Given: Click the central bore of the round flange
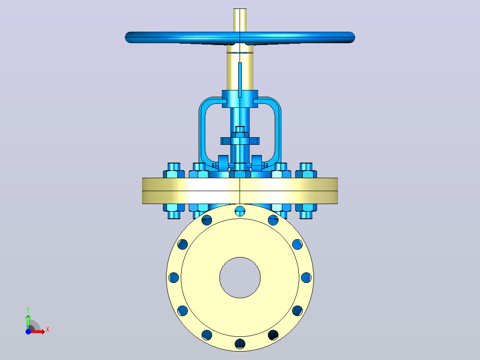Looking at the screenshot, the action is [240, 277].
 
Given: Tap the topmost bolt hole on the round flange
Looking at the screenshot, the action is [240, 211].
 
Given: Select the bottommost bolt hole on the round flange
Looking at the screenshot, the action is [240, 344].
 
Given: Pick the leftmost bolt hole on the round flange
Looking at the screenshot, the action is [174, 277].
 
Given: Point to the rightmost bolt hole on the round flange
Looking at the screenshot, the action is [306, 277].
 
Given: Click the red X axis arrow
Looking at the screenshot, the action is [38, 331].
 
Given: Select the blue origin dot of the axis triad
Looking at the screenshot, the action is [28, 331].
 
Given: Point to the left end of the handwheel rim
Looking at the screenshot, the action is [126, 37].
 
